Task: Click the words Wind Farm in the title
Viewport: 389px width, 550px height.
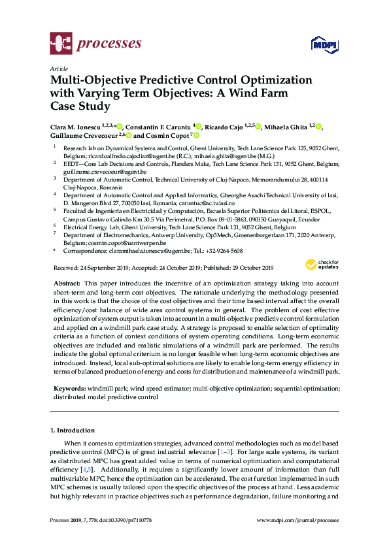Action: (x=274, y=92)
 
